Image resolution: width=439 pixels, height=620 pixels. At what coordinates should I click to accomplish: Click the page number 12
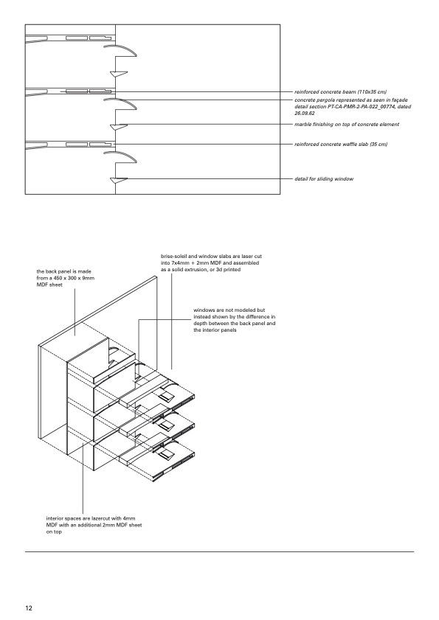click(x=29, y=608)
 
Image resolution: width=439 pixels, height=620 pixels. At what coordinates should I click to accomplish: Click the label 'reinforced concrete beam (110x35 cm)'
click(x=340, y=92)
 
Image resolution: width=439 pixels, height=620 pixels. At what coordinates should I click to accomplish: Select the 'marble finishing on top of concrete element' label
click(x=347, y=125)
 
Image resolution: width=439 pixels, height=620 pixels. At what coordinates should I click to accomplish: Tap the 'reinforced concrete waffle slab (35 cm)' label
click(x=341, y=144)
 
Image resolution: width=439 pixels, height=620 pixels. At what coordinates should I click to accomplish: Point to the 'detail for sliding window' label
click(x=324, y=179)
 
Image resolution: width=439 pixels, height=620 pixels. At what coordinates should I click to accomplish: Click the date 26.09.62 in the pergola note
click(x=305, y=114)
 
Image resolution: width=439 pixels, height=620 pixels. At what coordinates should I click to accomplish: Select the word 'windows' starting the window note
click(x=203, y=310)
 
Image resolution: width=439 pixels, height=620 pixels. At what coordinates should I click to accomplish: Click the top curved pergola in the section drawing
click(x=120, y=50)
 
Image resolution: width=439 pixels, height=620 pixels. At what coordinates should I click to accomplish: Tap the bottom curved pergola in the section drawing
click(x=120, y=156)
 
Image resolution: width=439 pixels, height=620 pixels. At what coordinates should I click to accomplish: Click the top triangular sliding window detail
click(x=119, y=74)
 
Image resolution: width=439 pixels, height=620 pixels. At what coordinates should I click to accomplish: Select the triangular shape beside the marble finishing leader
click(x=119, y=127)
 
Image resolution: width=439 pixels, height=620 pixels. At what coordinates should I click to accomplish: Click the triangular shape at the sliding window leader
click(x=119, y=181)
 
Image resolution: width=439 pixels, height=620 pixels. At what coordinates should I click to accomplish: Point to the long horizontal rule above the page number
click(x=219, y=551)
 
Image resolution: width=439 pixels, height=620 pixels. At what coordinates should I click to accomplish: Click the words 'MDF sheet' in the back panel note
click(x=49, y=285)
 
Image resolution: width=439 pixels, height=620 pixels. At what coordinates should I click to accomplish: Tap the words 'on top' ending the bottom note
click(x=54, y=532)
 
